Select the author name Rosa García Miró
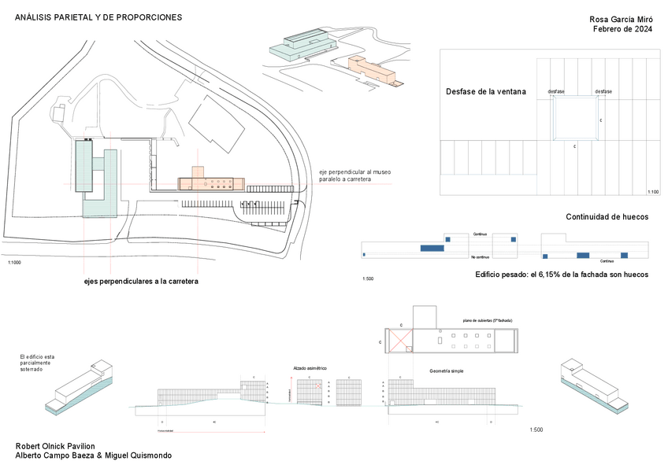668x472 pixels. [622, 19]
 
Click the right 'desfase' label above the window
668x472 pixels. [603, 92]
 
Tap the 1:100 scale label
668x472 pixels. [652, 192]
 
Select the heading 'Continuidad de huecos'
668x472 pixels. [607, 217]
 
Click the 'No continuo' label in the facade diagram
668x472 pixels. [480, 257]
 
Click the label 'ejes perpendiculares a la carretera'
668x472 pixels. [141, 281]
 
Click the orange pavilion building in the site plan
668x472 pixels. [210, 183]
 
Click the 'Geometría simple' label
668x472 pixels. [446, 371]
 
